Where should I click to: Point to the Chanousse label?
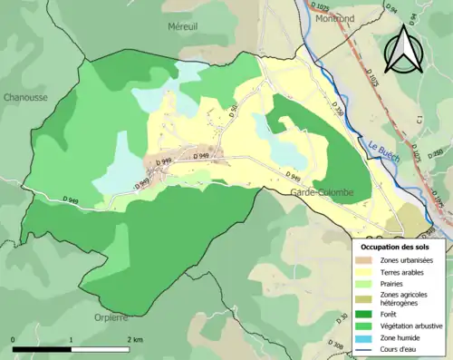pyautogui.click(x=24, y=97)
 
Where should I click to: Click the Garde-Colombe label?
pyautogui.click(x=321, y=193)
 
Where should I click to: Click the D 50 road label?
pyautogui.click(x=233, y=111)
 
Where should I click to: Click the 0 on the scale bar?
pyautogui.click(x=13, y=339)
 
